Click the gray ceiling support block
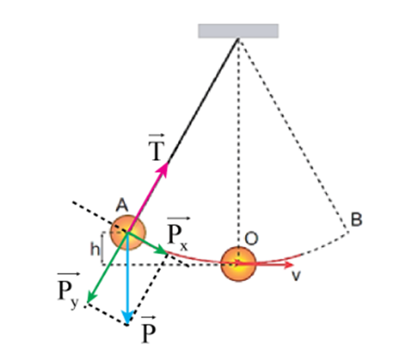click(x=238, y=31)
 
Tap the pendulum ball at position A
click(x=128, y=232)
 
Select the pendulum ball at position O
click(x=238, y=264)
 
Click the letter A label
click(x=122, y=205)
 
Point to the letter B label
click(x=356, y=220)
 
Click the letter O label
click(x=251, y=238)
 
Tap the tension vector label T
click(x=156, y=148)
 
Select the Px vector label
click(x=178, y=233)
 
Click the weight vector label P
click(x=149, y=330)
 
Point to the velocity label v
click(x=296, y=275)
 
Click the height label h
click(x=95, y=249)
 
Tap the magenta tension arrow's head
click(x=164, y=169)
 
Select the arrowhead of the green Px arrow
click(x=162, y=250)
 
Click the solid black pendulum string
click(x=203, y=101)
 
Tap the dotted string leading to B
click(x=293, y=136)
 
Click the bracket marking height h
click(x=102, y=249)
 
